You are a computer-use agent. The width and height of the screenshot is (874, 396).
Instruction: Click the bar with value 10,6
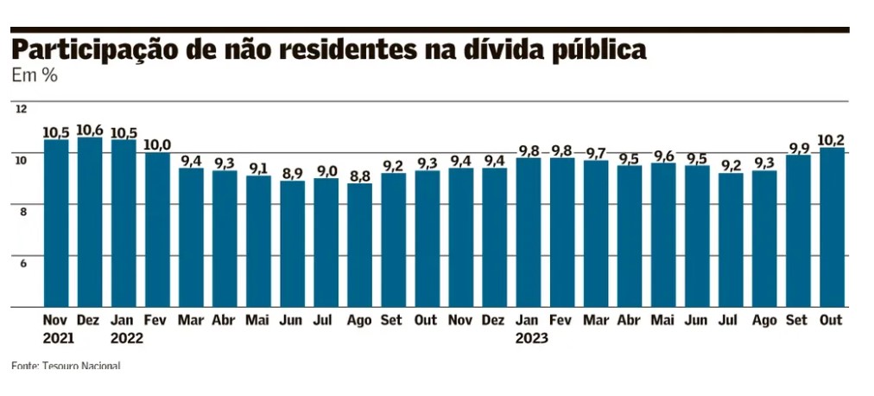pyautogui.click(x=89, y=222)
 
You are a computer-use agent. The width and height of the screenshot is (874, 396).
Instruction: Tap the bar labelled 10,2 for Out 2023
pyautogui.click(x=832, y=227)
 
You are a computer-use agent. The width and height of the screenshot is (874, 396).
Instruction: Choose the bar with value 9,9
pyautogui.click(x=798, y=231)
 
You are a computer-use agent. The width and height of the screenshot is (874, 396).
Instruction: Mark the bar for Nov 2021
pyautogui.click(x=56, y=223)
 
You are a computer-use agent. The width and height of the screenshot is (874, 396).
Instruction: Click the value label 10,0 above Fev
pyautogui.click(x=157, y=144)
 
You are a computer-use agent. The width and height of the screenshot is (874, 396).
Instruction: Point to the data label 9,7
pyautogui.click(x=596, y=153)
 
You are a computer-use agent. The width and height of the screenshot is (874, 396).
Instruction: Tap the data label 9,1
pyautogui.click(x=258, y=169)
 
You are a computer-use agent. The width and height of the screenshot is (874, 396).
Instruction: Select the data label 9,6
pyautogui.click(x=663, y=156)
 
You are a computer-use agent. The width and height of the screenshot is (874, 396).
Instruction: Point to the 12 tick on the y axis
pyautogui.click(x=22, y=109)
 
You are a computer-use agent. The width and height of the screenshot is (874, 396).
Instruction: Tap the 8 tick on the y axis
pyautogui.click(x=22, y=210)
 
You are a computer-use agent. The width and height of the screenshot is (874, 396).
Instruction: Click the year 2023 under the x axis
pyautogui.click(x=531, y=338)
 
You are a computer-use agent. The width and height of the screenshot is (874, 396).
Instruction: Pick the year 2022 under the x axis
pyautogui.click(x=127, y=338)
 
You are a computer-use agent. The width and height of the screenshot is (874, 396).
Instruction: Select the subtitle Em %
pyautogui.click(x=35, y=76)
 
